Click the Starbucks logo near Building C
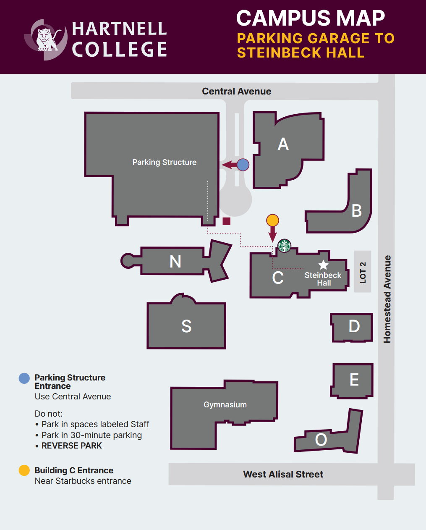coord(284,246)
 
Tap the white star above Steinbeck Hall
coord(323,265)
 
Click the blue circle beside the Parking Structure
coord(243,165)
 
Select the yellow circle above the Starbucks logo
coord(272,220)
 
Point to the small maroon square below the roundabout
coord(227,221)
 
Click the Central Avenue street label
coord(236,91)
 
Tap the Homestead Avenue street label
coord(387,299)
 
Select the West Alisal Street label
coord(283,474)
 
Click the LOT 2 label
coord(363,272)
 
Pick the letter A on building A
coord(283,144)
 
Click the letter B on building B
coord(357,210)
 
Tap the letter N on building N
coord(175,262)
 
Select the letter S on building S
coord(186,326)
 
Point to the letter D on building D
coord(354,326)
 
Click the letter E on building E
coord(354,380)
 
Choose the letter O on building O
coord(321,440)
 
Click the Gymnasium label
coord(225,404)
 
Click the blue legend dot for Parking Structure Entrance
coord(24,378)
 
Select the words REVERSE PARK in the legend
coord(72,446)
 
